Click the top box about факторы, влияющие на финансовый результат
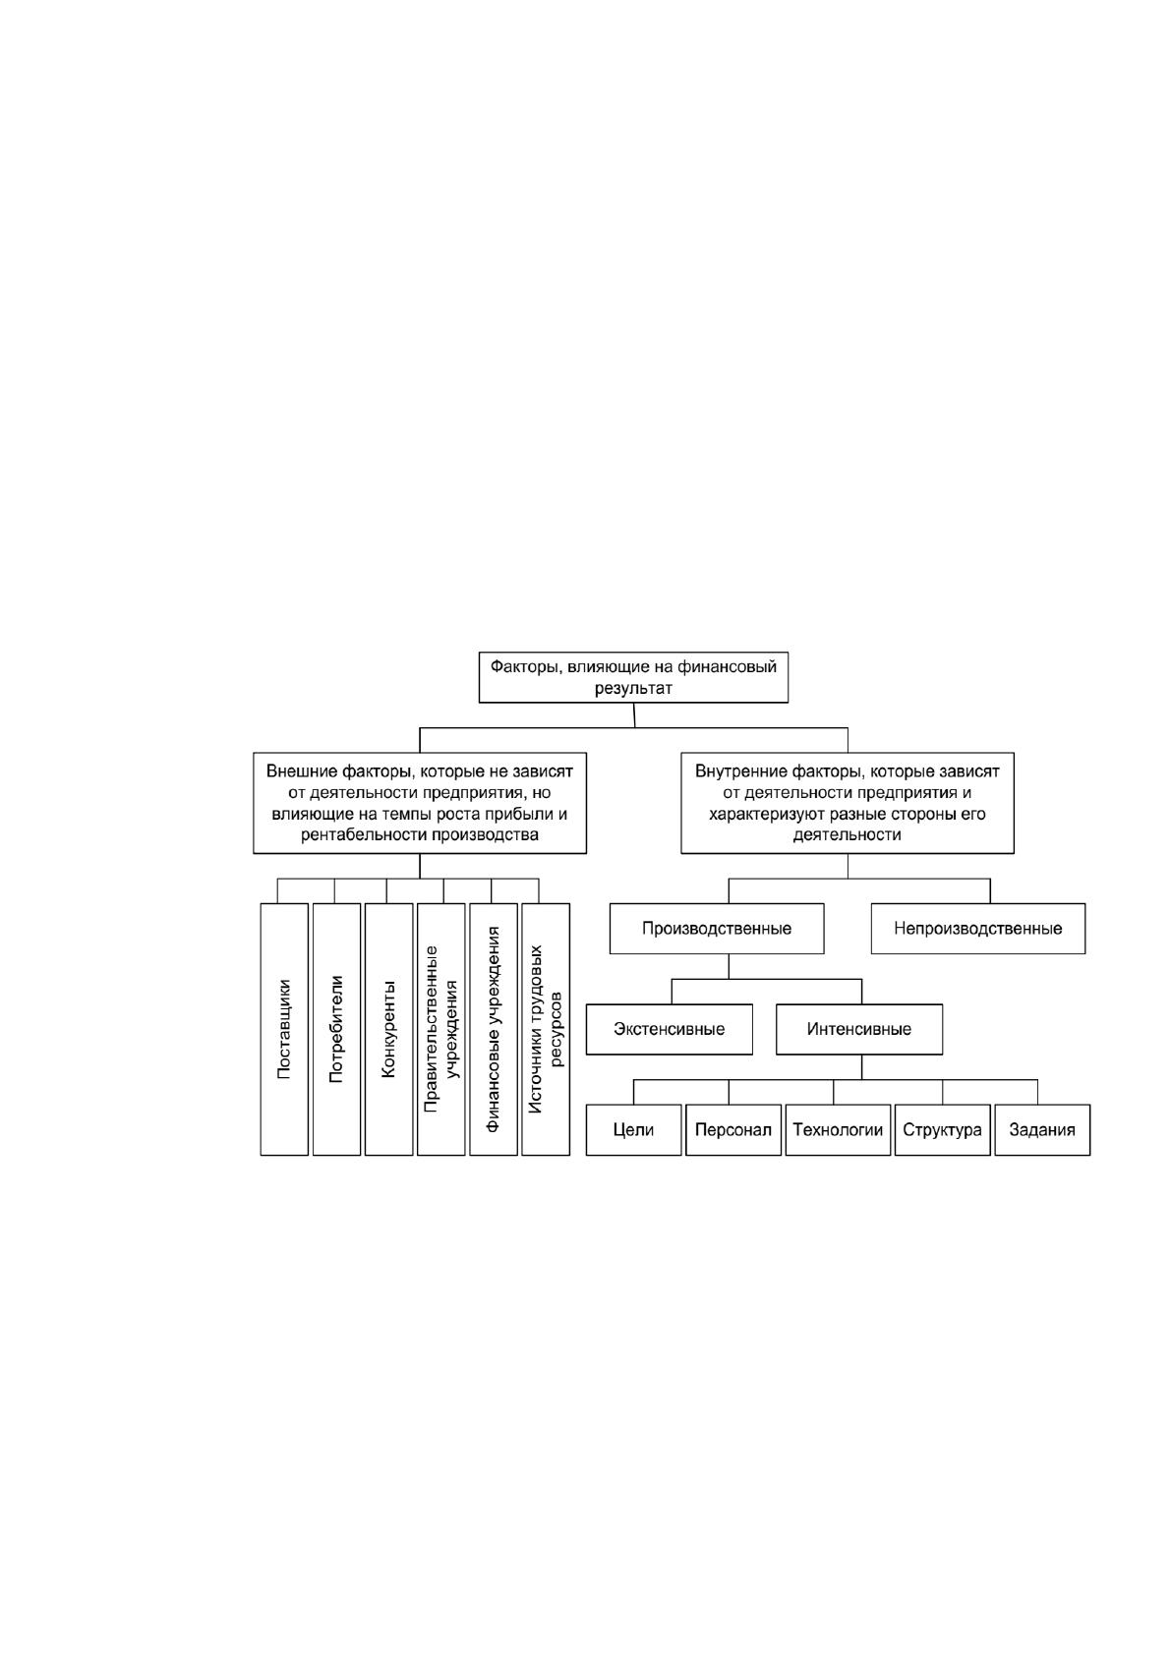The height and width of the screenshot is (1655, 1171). (x=633, y=677)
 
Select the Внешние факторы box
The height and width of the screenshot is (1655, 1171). (x=420, y=803)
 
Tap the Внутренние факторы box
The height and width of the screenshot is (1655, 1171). (x=848, y=803)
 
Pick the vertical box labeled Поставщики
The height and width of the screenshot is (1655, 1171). (x=284, y=1029)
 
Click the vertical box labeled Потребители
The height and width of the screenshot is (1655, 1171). (x=336, y=1029)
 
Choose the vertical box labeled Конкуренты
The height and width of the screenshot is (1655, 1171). (x=388, y=1029)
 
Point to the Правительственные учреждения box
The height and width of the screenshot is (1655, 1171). (x=441, y=1029)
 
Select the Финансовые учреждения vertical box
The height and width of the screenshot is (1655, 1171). (x=494, y=1029)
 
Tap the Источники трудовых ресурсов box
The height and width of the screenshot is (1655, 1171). (x=546, y=1029)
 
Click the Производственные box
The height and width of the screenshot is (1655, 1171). (x=717, y=929)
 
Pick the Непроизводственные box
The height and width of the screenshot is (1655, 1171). (x=978, y=929)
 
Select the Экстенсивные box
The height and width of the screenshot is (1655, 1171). (x=669, y=1029)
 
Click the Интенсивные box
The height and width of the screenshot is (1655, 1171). (x=859, y=1029)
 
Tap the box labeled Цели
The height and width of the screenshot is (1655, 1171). (x=633, y=1129)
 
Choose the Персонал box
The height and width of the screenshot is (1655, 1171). (x=733, y=1129)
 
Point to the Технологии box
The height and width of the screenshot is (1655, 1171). (x=838, y=1129)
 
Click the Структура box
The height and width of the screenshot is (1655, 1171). (x=943, y=1129)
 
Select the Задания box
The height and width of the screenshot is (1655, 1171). (x=1042, y=1129)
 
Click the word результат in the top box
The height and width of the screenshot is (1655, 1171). (x=633, y=689)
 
